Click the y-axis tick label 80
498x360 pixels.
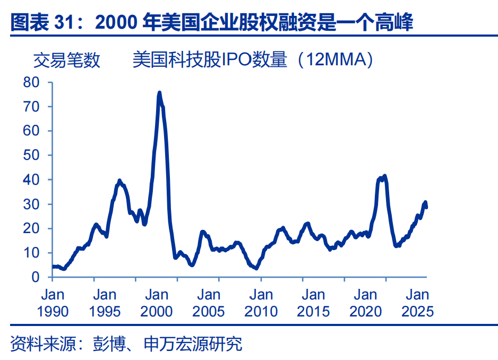(31, 82)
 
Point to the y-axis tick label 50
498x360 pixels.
(31, 155)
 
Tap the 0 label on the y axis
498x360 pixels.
(36, 277)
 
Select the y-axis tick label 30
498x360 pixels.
(31, 204)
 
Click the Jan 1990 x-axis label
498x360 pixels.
(53, 303)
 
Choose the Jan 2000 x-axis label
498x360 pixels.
(157, 303)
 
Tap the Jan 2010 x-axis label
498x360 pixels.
(261, 303)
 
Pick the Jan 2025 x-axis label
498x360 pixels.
(417, 303)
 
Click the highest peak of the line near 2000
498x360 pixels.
(159, 92)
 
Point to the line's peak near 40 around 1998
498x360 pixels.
(119, 181)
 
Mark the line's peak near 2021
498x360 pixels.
(385, 176)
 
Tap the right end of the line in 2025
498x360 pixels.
(426, 208)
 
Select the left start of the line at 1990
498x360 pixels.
(53, 267)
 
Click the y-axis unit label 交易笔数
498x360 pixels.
(67, 60)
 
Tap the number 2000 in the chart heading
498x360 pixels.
(116, 22)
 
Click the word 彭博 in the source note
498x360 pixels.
(109, 344)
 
